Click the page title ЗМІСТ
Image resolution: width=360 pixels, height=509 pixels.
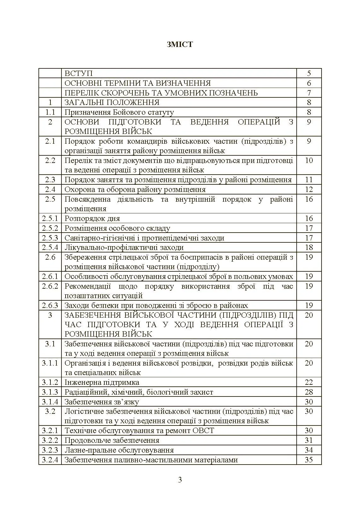[180, 44]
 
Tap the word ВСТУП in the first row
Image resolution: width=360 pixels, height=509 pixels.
[78, 73]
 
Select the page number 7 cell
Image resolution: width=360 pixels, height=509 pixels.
[309, 93]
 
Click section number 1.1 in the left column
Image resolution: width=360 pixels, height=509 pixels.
[50, 112]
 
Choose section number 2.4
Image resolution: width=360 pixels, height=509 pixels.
[50, 189]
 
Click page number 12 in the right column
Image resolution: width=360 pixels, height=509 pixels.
[309, 189]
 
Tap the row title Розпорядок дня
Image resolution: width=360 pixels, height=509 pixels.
[92, 218]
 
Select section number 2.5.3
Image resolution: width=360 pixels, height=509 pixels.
[50, 238]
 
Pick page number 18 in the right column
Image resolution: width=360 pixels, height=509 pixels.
[309, 247]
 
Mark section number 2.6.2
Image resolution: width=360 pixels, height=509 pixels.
[50, 286]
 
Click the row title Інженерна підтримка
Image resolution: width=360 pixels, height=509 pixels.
[102, 382]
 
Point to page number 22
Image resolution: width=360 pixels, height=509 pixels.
[309, 382]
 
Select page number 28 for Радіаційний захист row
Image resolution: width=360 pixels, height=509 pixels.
[309, 392]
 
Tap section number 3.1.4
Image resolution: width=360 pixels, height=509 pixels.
[50, 402]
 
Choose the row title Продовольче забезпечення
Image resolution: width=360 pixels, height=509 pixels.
[112, 440]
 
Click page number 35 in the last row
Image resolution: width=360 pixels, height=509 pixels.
[309, 460]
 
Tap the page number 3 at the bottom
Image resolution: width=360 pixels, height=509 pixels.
[180, 480]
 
